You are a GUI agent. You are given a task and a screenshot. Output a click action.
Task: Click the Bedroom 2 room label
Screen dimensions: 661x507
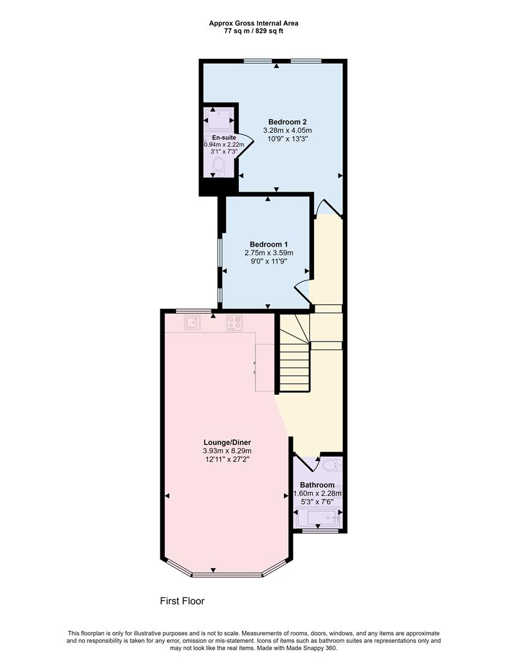click(287, 122)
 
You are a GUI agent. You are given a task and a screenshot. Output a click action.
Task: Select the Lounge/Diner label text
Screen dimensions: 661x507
click(227, 442)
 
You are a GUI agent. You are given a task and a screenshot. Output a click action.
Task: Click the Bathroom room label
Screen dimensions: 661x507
click(317, 485)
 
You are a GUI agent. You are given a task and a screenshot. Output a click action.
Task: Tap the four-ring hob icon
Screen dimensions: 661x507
click(233, 323)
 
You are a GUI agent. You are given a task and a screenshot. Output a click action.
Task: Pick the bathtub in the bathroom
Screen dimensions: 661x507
click(318, 519)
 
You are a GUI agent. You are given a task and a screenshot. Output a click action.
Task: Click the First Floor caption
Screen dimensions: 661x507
click(182, 601)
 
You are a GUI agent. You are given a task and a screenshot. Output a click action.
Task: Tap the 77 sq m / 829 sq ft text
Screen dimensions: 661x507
click(254, 31)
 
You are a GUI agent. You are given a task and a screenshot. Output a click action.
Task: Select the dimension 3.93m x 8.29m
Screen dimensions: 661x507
click(227, 450)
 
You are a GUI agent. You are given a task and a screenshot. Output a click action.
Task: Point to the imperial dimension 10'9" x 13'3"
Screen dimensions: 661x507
click(287, 139)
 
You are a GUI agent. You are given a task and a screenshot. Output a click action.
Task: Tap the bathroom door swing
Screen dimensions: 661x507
click(307, 461)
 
